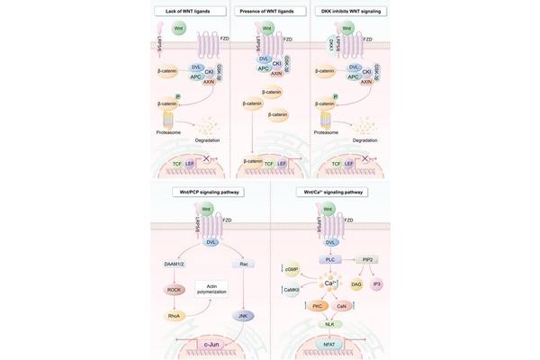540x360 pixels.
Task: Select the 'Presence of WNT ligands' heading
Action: [x=269, y=11]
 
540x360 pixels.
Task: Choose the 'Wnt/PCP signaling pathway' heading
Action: [x=210, y=192]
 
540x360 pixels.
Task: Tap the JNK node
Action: [x=243, y=315]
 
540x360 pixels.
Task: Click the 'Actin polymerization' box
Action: [x=212, y=287]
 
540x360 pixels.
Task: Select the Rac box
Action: [x=243, y=264]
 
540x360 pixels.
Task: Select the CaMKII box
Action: [x=292, y=289]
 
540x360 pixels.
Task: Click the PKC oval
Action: [x=317, y=306]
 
